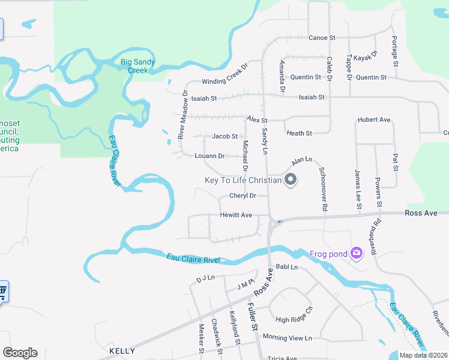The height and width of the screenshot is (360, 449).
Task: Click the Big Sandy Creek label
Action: [x=138, y=66]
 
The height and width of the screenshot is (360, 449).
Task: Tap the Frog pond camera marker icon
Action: [x=357, y=253]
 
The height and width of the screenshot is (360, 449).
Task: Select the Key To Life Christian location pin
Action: [x=291, y=180]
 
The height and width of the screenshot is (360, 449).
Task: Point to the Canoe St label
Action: [x=322, y=38]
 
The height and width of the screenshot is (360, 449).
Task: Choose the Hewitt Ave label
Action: [x=236, y=215]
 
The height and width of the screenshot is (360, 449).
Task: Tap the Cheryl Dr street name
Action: [x=243, y=196]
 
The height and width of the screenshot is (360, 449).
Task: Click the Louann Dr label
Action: [x=209, y=156]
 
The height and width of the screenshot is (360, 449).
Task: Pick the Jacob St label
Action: [x=225, y=136]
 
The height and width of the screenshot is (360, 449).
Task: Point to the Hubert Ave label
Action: [x=374, y=120]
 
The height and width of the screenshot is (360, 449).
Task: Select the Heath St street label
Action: [x=299, y=133]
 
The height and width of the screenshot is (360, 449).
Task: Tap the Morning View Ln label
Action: [x=288, y=338]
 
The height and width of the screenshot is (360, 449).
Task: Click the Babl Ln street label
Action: [x=286, y=267]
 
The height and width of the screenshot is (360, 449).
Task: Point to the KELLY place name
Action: [x=122, y=350]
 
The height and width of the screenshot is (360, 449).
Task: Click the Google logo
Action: [x=20, y=353]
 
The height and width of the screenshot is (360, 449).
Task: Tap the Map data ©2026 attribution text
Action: [x=423, y=355]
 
